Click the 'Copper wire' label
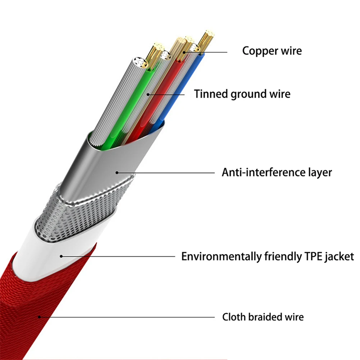point(272,51)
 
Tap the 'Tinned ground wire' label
point(242,94)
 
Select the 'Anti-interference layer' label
point(277,172)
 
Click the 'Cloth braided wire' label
point(263,317)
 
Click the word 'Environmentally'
point(222,257)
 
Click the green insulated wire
point(129,106)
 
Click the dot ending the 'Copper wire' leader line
point(184,53)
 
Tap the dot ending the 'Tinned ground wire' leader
point(148,94)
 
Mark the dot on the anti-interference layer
point(117,173)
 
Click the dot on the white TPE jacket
point(61,256)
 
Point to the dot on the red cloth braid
point(39,317)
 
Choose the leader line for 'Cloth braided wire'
point(127,317)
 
